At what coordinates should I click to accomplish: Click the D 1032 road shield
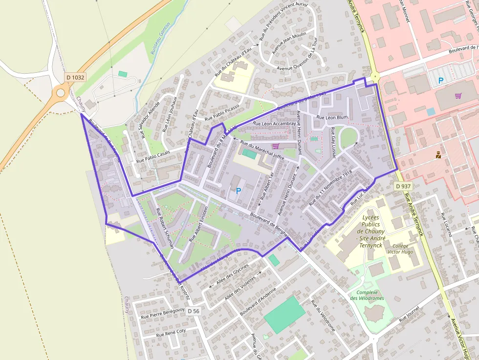point(75,77)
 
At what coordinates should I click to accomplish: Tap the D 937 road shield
point(403,186)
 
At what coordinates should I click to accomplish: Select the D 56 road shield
point(194,311)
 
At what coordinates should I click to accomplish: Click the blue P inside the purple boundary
point(239,191)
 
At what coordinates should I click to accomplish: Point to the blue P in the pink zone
point(441,81)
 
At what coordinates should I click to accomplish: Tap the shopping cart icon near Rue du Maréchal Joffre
point(275,146)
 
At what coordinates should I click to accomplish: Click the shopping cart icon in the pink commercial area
point(458,96)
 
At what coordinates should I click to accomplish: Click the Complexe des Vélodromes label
point(367,295)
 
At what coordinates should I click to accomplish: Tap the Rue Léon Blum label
point(332,117)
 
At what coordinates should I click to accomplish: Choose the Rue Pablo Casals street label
point(153,156)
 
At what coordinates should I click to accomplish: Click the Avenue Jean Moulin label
point(289,42)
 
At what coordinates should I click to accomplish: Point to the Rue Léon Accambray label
point(272,124)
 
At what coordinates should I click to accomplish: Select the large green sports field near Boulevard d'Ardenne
point(284,315)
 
